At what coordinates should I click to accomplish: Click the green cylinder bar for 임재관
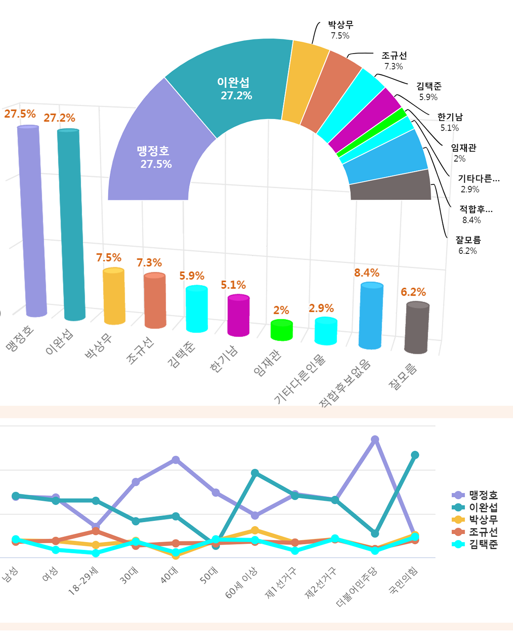(x=282, y=330)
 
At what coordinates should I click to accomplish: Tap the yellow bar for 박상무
(x=114, y=296)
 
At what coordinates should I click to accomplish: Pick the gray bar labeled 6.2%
(x=417, y=328)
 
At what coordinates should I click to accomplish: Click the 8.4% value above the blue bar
(x=366, y=273)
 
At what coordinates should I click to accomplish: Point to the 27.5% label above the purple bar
(x=20, y=114)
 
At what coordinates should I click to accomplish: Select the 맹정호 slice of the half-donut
(x=154, y=157)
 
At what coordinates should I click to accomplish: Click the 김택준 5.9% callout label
(x=429, y=91)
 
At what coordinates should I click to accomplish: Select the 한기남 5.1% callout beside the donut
(x=450, y=122)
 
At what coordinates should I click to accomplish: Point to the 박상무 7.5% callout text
(x=340, y=30)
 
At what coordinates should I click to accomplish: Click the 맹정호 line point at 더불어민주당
(x=375, y=440)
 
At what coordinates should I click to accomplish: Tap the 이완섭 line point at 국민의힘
(x=415, y=455)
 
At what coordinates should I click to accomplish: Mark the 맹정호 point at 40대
(x=175, y=460)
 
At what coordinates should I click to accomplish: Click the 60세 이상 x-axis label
(x=242, y=583)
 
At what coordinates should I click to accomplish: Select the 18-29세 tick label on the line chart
(x=84, y=581)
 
